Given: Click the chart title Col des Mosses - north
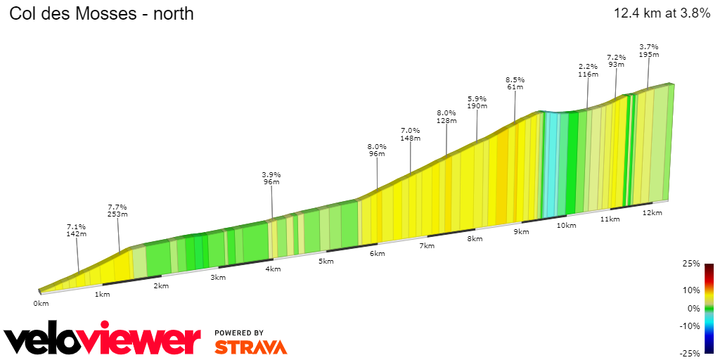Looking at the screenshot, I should (x=101, y=13).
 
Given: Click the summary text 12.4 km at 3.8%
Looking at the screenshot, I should (x=662, y=13).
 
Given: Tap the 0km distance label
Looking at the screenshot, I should (x=41, y=304).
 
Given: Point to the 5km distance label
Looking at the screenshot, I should (x=326, y=262).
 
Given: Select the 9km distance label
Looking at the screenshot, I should (x=521, y=232).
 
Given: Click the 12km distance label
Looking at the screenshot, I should (x=652, y=213).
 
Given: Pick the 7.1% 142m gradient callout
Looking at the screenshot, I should (x=76, y=231).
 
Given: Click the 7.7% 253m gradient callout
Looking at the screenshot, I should (x=117, y=210).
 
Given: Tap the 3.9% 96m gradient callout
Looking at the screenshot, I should (x=271, y=178).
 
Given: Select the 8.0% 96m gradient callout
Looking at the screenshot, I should (x=377, y=150).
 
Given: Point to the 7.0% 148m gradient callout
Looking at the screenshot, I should (x=410, y=134).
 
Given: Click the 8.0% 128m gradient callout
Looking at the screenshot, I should (x=446, y=116).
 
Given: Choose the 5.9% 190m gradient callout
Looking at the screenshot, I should (x=477, y=102).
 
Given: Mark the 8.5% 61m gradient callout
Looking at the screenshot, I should (x=515, y=83).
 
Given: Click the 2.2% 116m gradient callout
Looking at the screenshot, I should (x=588, y=70).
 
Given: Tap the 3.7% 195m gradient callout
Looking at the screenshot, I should (x=648, y=51).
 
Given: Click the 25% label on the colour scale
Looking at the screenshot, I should (x=692, y=264).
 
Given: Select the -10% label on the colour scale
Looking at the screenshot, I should (x=690, y=326).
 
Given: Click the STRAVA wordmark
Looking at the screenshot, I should (x=250, y=347).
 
